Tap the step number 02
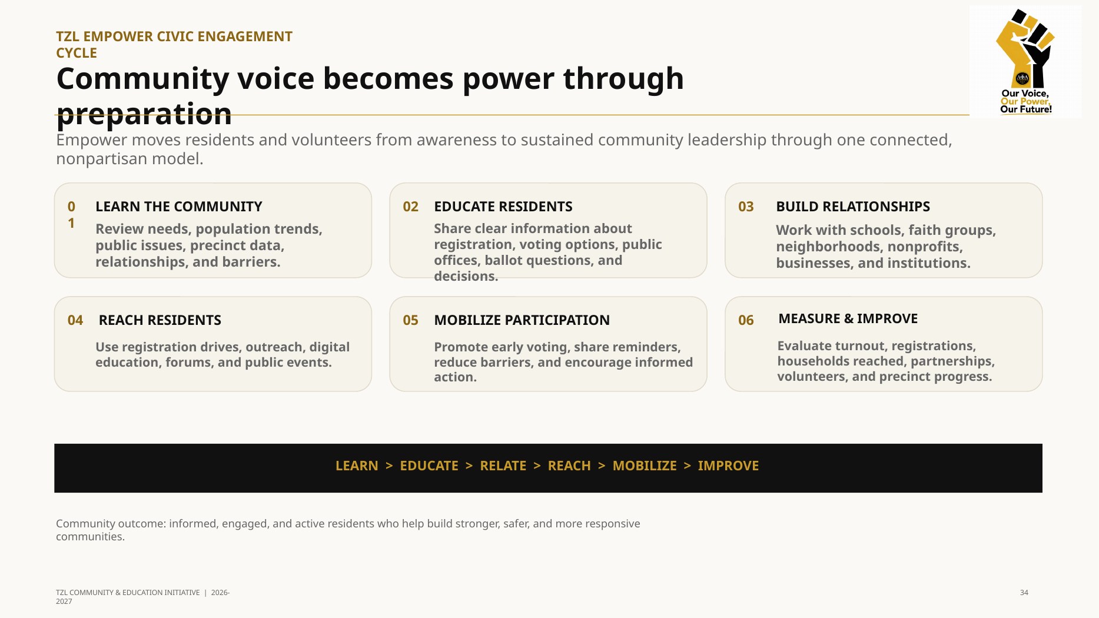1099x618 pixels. pos(410,207)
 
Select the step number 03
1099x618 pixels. pos(746,207)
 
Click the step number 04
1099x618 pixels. pos(75,320)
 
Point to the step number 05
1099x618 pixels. pos(410,320)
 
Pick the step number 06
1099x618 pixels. pos(746,320)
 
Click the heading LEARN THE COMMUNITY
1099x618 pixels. pos(179,207)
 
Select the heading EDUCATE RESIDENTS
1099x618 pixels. pos(503,207)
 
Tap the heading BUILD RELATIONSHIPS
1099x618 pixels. pos(853,207)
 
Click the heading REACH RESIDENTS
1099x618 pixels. pos(160,320)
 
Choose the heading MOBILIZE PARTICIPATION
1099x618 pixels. pos(522,320)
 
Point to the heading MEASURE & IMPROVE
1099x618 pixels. pos(848,318)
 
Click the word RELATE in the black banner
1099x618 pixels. pos(503,466)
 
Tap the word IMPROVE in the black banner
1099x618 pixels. pos(728,466)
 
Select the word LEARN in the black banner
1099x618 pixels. pos(357,466)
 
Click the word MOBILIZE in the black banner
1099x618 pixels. pos(645,466)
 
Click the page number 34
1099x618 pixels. pos(1024,593)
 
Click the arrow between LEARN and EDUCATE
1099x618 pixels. pos(389,466)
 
